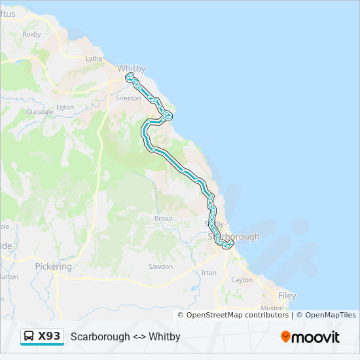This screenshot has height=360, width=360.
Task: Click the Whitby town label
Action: tap(131, 68)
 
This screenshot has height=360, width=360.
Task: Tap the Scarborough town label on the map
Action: tap(234, 236)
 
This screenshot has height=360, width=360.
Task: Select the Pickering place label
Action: tap(53, 267)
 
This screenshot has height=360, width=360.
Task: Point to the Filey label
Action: tap(287, 296)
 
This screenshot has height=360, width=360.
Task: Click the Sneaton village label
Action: tap(128, 98)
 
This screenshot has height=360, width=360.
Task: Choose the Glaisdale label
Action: tap(39, 112)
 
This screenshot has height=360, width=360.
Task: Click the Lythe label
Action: tap(94, 58)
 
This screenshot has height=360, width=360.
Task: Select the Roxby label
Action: tap(31, 34)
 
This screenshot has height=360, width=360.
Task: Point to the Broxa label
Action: tap(163, 219)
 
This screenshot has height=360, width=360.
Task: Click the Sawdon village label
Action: tap(161, 266)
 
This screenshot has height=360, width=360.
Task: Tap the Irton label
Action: tap(209, 272)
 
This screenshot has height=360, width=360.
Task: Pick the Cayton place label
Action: tap(242, 280)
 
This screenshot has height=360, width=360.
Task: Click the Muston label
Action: tap(272, 308)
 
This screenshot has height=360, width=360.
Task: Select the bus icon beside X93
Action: tap(29, 336)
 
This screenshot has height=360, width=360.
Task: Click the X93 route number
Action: tap(49, 336)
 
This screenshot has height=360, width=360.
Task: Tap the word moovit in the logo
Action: tap(315, 337)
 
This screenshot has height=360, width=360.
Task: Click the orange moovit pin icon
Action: tap(285, 336)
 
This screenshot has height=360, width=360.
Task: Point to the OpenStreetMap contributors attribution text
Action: tap(238, 315)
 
